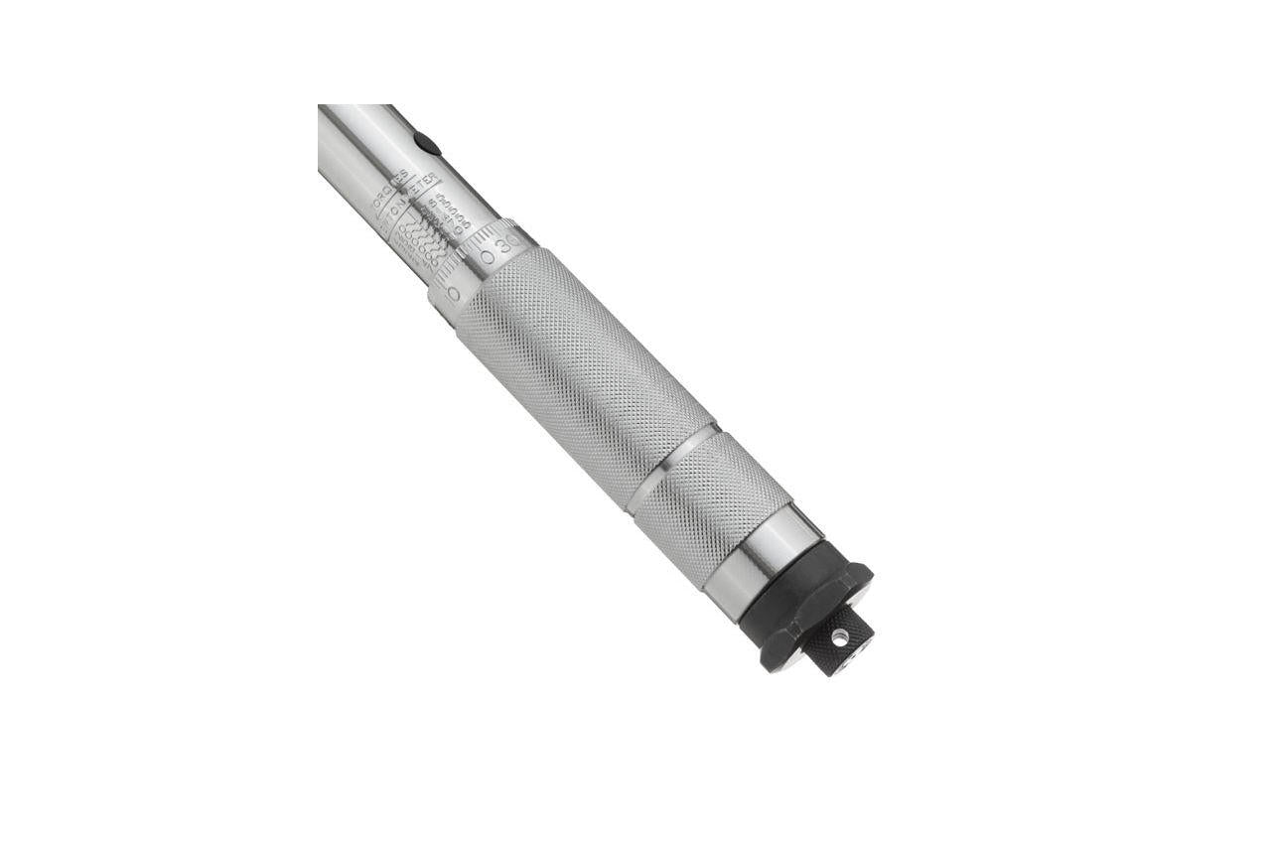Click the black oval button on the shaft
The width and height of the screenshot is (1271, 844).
(x=426, y=143)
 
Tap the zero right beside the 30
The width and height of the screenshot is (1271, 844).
(x=488, y=257)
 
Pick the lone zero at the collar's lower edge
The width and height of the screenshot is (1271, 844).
(x=453, y=294)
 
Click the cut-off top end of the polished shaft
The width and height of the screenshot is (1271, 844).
(x=353, y=107)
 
